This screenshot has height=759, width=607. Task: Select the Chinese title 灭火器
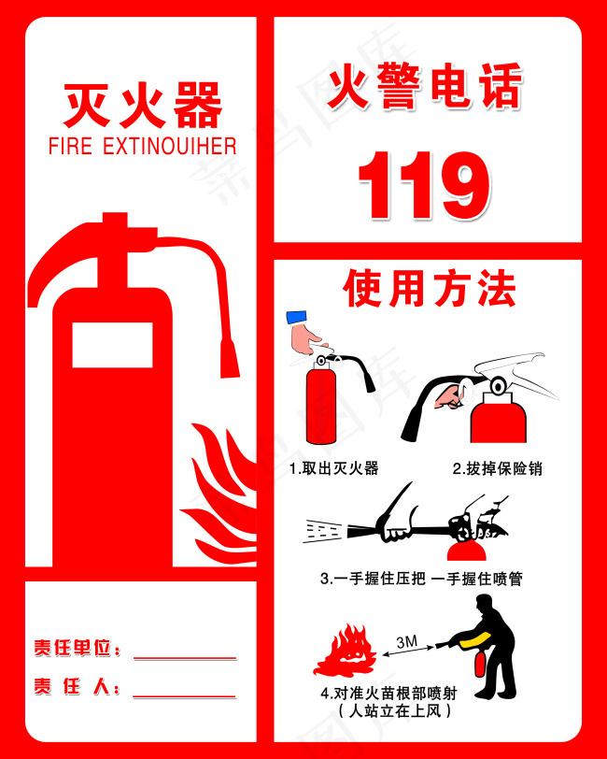click(x=143, y=106)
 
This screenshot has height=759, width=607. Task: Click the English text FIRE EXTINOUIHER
click(x=142, y=146)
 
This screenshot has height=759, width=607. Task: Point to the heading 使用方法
click(x=430, y=289)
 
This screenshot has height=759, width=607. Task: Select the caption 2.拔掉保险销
click(x=497, y=468)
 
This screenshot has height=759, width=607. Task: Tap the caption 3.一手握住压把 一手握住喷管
click(x=421, y=580)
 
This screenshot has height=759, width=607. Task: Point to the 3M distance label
click(x=407, y=642)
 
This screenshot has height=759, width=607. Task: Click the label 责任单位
click(x=78, y=648)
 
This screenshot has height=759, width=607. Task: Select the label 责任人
click(x=78, y=687)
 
